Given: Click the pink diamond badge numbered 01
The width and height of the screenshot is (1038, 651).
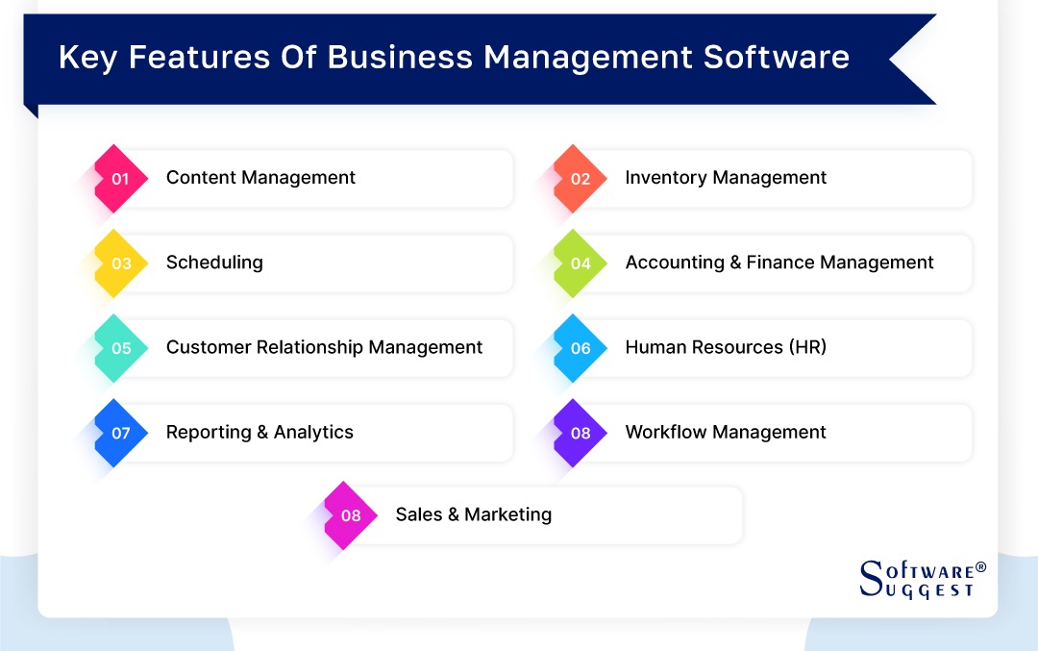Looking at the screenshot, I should (x=120, y=178).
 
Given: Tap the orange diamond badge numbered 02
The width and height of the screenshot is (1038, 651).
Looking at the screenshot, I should (x=580, y=178).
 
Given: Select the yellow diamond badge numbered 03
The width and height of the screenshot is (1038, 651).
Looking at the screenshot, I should (x=120, y=263).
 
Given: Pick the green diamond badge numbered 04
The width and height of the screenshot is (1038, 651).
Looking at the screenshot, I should (x=580, y=263).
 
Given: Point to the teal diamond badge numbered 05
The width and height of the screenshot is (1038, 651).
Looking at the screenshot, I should (x=120, y=348).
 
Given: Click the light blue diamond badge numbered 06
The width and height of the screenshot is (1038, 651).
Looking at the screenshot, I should (x=580, y=348).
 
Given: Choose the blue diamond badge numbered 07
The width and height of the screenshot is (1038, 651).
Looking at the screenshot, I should (x=120, y=433).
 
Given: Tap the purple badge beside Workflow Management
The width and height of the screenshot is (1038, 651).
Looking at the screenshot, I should (x=580, y=433).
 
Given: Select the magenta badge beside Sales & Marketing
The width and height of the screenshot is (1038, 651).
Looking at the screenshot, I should (x=351, y=515).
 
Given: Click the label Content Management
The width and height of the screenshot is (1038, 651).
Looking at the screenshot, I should (x=260, y=178).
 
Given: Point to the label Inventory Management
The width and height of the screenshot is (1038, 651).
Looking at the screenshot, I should (x=726, y=178).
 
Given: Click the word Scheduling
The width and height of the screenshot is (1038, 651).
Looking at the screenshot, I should (x=214, y=263).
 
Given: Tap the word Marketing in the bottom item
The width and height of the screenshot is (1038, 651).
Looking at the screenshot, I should (x=507, y=514).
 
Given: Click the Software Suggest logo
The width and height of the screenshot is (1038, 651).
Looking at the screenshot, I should (x=921, y=578).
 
